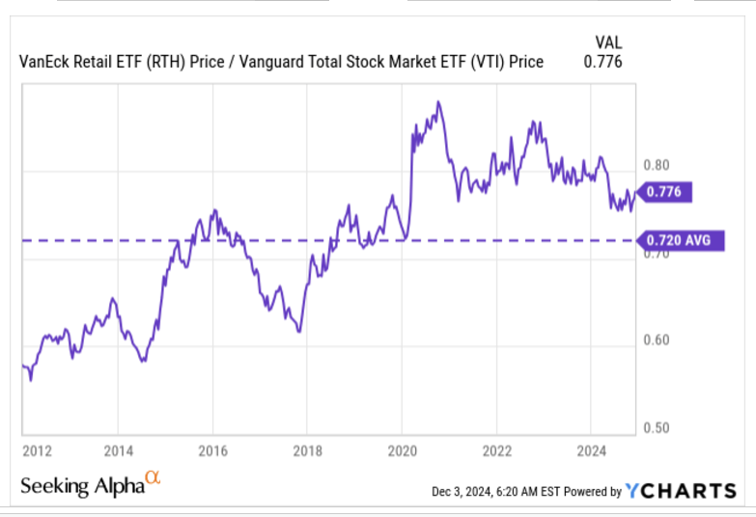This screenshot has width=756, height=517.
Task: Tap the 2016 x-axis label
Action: [212, 449]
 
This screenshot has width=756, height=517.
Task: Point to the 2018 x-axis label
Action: [307, 449]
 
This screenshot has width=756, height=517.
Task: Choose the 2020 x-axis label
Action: [402, 449]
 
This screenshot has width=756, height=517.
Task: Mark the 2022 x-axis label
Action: [496, 449]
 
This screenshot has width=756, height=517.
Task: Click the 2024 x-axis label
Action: [591, 449]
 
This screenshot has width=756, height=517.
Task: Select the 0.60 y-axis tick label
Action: [656, 340]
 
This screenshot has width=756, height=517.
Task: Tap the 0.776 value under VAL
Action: [603, 62]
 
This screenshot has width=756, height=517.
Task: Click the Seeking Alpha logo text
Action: [81, 486]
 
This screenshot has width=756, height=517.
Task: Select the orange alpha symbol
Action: [152, 477]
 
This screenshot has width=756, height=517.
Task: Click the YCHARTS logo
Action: [680, 491]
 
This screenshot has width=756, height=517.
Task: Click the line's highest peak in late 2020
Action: [438, 101]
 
